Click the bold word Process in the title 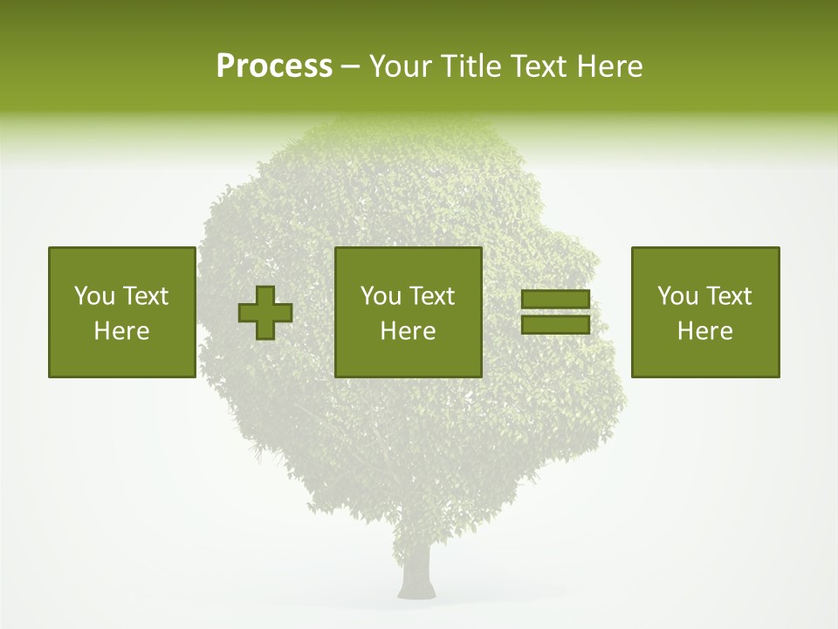pos(274,66)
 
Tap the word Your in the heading pos(400,66)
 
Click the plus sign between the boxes pos(265,313)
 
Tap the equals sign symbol pos(555,312)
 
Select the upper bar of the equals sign pos(555,300)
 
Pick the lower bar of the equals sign pos(555,324)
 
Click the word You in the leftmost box pos(94,296)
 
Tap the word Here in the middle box pos(409,331)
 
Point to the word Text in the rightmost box pos(728,296)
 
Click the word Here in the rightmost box pos(705,331)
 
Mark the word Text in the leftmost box pos(145,296)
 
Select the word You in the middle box pos(381,296)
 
